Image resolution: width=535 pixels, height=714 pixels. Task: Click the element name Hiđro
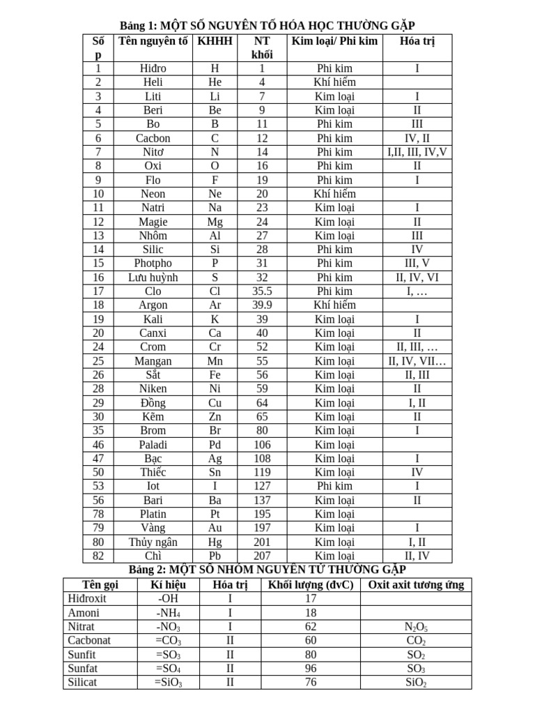(153, 68)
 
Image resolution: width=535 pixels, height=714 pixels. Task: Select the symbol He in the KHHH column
(215, 82)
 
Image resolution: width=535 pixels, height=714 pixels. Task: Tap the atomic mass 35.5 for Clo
(262, 291)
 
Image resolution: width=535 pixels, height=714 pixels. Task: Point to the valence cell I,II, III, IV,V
(417, 152)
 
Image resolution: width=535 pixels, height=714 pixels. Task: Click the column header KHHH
(215, 41)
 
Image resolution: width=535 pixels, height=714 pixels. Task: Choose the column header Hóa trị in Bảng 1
(417, 41)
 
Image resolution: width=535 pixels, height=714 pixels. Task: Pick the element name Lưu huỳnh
(153, 277)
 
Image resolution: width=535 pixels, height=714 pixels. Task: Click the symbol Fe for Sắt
(215, 374)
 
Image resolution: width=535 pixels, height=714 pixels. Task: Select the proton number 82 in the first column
(98, 556)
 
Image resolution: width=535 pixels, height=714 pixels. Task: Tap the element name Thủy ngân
(153, 542)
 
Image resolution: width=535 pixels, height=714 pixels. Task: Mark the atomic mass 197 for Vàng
(262, 528)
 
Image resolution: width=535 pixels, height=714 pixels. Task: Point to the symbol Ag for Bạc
(215, 458)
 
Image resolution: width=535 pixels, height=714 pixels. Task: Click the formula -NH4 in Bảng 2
(170, 613)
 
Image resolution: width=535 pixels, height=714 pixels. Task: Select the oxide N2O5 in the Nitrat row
(416, 628)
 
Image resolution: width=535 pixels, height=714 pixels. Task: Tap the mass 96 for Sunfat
(311, 669)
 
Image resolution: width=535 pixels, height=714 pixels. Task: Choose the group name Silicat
(82, 683)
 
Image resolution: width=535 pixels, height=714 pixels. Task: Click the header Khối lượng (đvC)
(311, 584)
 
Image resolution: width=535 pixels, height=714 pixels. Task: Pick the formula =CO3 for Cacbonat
(170, 641)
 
